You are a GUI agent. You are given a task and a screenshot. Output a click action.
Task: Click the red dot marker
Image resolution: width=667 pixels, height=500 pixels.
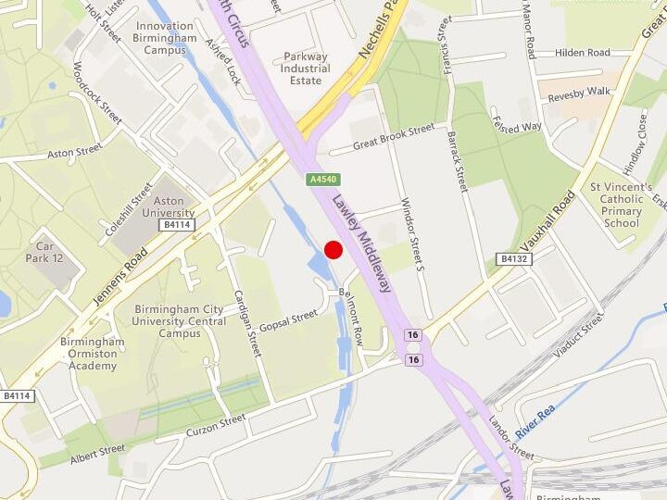pos(333,249)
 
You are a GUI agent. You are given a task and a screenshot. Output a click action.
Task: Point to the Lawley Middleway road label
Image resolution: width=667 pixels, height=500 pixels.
pos(362,245)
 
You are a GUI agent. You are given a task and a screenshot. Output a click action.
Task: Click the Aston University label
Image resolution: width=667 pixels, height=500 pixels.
pos(168,206)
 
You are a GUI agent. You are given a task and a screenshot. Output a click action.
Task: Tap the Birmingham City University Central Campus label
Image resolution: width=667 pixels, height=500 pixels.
pos(180,320)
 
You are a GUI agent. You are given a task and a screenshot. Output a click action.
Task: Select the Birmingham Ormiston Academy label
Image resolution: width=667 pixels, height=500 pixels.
pos(93,354)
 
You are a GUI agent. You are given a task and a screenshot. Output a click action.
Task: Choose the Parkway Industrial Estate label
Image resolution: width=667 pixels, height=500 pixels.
pos(306,69)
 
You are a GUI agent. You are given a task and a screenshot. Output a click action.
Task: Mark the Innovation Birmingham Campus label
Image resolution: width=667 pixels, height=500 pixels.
pos(164,38)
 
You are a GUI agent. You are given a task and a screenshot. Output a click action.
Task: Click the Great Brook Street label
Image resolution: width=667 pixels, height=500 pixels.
pos(394,138)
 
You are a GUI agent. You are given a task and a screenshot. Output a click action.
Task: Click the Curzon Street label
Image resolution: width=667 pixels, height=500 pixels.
pos(216,425)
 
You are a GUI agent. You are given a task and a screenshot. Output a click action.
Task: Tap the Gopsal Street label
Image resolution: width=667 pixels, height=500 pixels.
pos(288,321)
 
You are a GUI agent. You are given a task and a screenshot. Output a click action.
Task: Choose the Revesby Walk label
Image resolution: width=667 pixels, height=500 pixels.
pos(579,93)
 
